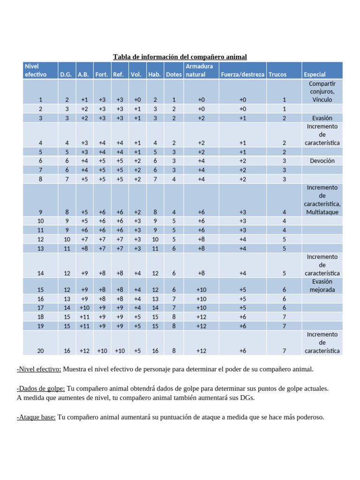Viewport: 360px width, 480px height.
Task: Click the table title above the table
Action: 180,57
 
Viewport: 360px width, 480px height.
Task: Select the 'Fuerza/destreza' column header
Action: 243,75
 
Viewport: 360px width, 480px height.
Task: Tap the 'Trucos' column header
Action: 277,75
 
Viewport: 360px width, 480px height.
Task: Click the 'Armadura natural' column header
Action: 199,70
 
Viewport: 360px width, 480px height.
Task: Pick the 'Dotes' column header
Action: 174,75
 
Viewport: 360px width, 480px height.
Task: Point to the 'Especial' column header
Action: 315,75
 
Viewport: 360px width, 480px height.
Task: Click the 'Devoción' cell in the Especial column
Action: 322,160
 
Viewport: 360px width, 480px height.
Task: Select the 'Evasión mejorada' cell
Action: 322,285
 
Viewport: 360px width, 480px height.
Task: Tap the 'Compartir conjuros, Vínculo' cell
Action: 322,91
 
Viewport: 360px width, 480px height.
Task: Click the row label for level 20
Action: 40,351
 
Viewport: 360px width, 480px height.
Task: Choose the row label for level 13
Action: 40,248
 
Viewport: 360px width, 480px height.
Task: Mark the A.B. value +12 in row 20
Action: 84,351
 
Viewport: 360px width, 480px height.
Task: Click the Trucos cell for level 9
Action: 284,212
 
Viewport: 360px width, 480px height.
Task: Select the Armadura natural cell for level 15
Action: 201,290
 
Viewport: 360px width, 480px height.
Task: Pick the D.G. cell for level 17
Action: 67,307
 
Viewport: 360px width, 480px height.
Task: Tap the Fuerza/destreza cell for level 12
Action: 243,239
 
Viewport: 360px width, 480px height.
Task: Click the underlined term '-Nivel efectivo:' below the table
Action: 39,369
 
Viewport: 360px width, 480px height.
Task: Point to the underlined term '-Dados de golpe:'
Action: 41,389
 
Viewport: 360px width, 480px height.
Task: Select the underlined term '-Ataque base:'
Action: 36,417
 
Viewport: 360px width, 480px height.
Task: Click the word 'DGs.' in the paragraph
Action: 247,397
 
